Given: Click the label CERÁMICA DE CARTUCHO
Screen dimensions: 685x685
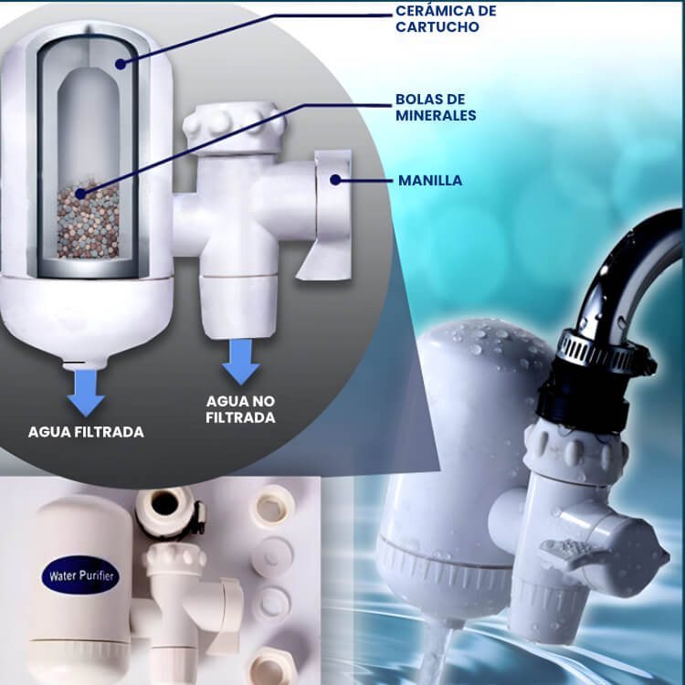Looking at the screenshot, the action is pyautogui.click(x=446, y=19).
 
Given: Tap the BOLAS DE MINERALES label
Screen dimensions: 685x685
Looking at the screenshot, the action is pyautogui.click(x=436, y=108).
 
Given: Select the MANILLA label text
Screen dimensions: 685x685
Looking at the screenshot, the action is pyautogui.click(x=430, y=181).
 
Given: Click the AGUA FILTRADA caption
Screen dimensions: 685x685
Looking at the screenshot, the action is pyautogui.click(x=86, y=432).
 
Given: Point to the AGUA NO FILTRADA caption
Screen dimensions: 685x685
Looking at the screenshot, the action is pyautogui.click(x=240, y=409).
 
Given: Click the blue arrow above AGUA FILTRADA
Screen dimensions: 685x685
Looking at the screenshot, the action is pyautogui.click(x=86, y=393).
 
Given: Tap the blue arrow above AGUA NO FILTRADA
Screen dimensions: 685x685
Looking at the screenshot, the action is pyautogui.click(x=241, y=362).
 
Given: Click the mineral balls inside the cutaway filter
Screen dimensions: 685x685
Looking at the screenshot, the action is pyautogui.click(x=89, y=221).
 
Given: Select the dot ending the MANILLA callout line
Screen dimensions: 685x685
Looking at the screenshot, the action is pyautogui.click(x=335, y=180).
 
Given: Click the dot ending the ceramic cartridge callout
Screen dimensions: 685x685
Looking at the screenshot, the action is pyautogui.click(x=121, y=64).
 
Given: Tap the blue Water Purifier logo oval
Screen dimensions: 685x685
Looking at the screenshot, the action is pyautogui.click(x=80, y=574).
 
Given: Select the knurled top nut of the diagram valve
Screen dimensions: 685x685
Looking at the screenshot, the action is pyautogui.click(x=233, y=128).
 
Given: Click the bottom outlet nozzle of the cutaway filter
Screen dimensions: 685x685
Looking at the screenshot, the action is pyautogui.click(x=85, y=363).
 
